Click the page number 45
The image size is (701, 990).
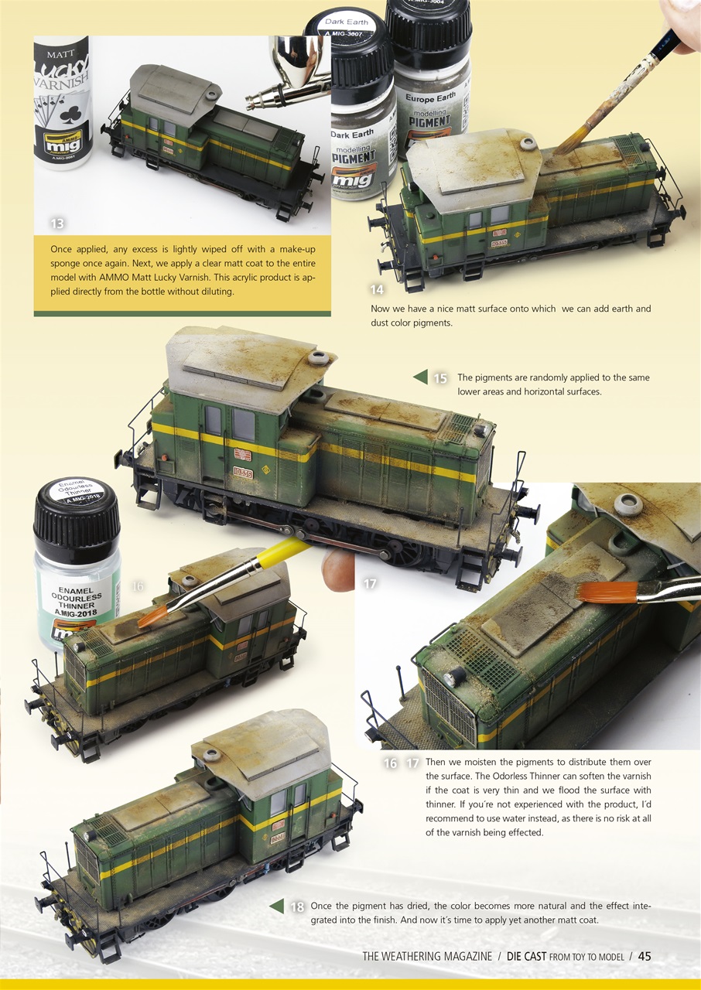(644, 957)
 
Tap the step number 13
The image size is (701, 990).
(56, 224)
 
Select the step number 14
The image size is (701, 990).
(377, 290)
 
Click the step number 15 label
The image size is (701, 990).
(439, 378)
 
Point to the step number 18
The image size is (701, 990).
(296, 907)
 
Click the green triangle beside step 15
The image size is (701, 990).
(420, 377)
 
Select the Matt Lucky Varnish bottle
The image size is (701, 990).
(62, 101)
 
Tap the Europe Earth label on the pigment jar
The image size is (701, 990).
(431, 98)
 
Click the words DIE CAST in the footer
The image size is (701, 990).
(526, 957)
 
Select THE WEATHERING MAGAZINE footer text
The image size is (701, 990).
(426, 957)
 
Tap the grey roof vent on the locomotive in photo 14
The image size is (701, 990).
(528, 144)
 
